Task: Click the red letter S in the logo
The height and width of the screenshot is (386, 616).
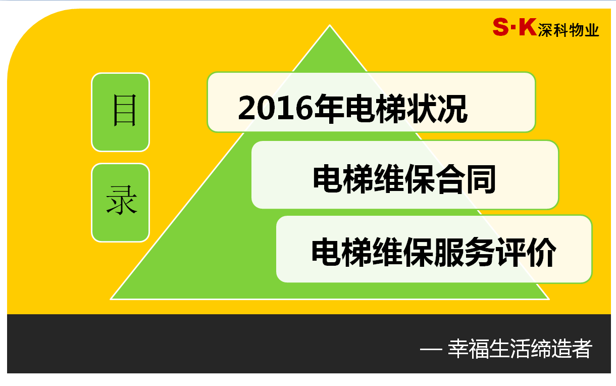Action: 500,27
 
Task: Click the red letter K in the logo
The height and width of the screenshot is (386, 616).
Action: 528,27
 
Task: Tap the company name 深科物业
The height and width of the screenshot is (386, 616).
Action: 569,30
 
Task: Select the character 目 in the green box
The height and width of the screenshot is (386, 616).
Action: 125,110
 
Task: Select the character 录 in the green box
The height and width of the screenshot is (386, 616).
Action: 122,200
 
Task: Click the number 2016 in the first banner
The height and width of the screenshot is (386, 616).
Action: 276,108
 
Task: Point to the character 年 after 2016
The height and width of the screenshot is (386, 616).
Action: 329,108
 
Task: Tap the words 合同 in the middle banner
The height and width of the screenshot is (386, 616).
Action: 466,179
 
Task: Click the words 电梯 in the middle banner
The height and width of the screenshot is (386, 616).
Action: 343,179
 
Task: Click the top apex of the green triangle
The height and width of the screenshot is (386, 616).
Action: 329,25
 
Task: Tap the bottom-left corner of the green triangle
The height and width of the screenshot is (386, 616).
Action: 111,299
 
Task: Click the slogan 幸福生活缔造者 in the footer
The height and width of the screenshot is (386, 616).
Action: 520,349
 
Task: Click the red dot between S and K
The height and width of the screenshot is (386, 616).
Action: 513,27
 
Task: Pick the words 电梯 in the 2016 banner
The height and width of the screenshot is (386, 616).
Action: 376,108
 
